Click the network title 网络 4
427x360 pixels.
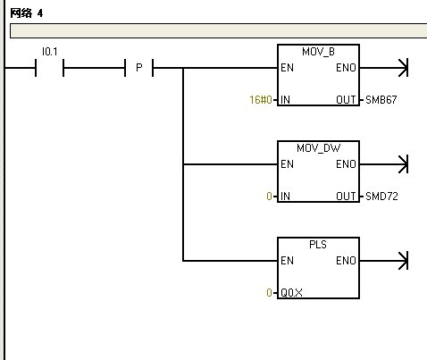tap(27, 13)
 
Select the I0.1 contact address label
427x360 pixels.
tap(49, 52)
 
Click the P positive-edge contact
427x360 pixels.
tap(138, 68)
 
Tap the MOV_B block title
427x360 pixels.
tap(318, 52)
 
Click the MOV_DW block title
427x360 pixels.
tap(318, 148)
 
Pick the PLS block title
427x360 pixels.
tap(318, 245)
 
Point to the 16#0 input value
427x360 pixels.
tap(261, 100)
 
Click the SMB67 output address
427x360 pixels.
tap(381, 100)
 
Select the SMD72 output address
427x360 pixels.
tap(381, 197)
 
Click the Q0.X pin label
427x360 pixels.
tap(291, 293)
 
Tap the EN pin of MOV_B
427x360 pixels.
tap(287, 68)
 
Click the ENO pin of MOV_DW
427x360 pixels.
tap(346, 164)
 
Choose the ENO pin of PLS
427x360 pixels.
tap(346, 261)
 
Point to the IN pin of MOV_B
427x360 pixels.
tap(285, 100)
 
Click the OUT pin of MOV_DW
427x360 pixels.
tap(346, 197)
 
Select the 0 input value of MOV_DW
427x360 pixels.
tap(269, 197)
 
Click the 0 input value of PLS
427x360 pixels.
tap(269, 293)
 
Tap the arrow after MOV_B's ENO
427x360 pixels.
tap(384, 68)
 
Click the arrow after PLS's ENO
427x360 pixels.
tap(384, 261)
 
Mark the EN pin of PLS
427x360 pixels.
tap(287, 261)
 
